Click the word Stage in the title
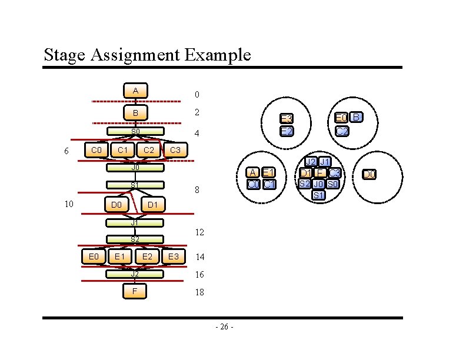(x=66, y=55)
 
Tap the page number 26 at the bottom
(x=225, y=327)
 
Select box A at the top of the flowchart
(x=135, y=91)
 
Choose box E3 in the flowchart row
(x=173, y=256)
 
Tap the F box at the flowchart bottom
(x=135, y=291)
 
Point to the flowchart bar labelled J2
(x=135, y=274)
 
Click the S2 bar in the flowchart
(x=135, y=239)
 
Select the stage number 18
(x=199, y=292)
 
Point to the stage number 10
(x=69, y=204)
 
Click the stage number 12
(x=199, y=233)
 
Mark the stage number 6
(x=66, y=151)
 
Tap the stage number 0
(x=197, y=95)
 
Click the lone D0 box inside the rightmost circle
(x=369, y=174)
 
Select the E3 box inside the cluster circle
(x=286, y=119)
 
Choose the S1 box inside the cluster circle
(x=318, y=195)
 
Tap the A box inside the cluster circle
(x=252, y=172)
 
